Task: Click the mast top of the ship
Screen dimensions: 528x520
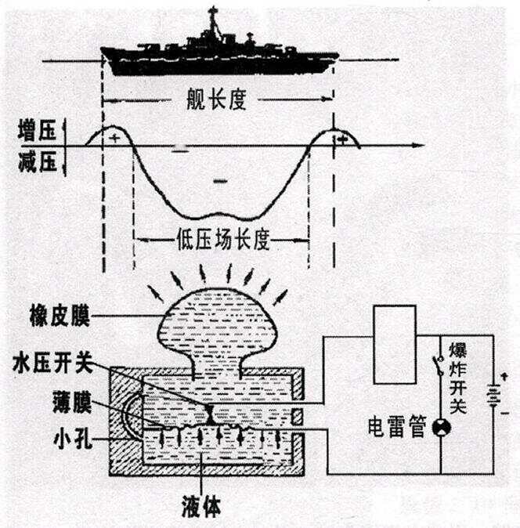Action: [x=212, y=9]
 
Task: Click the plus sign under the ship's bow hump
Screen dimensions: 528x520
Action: [x=116, y=138]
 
